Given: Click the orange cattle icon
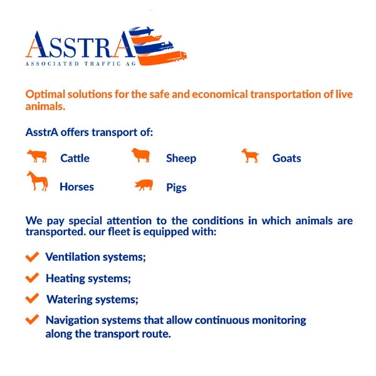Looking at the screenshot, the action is click(x=37, y=156).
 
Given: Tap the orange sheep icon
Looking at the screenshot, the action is click(x=141, y=155).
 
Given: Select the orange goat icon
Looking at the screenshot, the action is click(x=250, y=155).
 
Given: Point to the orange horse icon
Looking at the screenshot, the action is click(x=38, y=181).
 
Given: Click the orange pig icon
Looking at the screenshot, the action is click(x=144, y=185).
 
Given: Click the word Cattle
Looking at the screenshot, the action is click(x=75, y=159).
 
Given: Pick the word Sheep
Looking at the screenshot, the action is click(x=181, y=159).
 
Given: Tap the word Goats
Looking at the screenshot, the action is click(x=286, y=159).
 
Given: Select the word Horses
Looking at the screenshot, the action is click(x=76, y=187).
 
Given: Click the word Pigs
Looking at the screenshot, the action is click(x=176, y=187).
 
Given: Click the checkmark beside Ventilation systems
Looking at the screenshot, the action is click(x=32, y=256).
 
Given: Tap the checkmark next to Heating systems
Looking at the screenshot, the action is click(x=32, y=278).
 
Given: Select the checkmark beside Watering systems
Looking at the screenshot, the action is click(x=32, y=298).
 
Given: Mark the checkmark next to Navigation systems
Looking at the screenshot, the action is click(x=32, y=320).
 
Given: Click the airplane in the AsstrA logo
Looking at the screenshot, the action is click(x=142, y=31).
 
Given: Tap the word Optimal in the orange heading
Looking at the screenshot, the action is click(x=45, y=94).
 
